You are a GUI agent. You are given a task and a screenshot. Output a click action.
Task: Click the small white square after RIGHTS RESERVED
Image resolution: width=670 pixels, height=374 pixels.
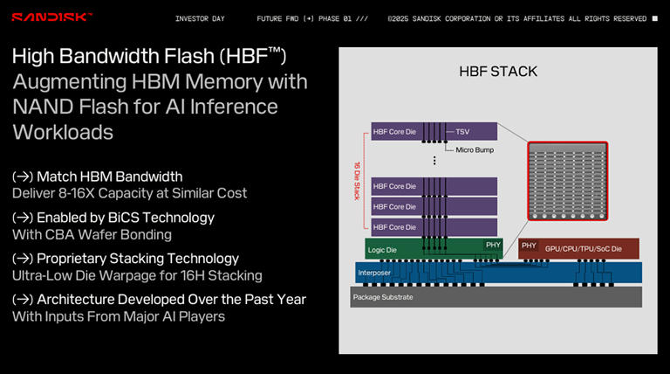point(655,18)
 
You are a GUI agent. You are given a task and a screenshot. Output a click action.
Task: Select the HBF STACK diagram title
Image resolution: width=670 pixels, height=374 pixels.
point(498,71)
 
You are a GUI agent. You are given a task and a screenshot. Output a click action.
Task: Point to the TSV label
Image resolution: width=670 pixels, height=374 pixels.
point(463,132)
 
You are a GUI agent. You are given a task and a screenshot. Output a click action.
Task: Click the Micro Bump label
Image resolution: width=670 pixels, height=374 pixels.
point(476,149)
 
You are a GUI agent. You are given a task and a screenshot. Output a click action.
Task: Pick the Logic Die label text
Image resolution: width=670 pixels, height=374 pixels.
point(384,249)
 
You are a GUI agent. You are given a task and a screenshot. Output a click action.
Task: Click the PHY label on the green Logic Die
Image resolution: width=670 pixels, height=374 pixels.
point(493,246)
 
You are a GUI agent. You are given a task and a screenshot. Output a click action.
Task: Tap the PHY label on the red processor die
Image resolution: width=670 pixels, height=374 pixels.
point(529,246)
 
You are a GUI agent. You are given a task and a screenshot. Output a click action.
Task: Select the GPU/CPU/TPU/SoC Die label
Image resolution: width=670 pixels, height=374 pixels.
point(583,248)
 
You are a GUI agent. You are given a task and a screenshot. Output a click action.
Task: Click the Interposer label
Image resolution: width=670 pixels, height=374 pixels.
point(374,272)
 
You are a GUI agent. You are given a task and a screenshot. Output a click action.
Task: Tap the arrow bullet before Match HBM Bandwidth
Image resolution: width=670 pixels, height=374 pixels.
point(23,177)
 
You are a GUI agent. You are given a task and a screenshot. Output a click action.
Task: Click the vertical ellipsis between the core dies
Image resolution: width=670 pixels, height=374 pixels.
point(434,160)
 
